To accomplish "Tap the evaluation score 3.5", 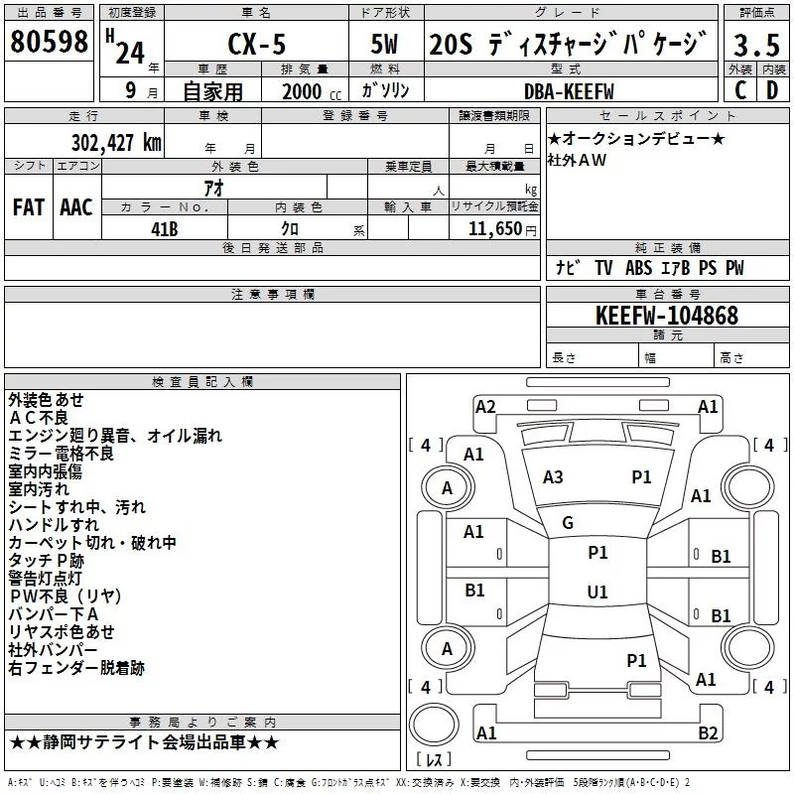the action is click(755, 46).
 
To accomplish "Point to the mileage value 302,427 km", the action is click(116, 142).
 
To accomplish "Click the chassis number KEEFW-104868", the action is click(667, 316).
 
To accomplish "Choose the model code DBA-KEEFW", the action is click(569, 91).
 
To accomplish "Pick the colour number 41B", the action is click(165, 228).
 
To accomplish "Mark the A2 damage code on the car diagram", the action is click(485, 406).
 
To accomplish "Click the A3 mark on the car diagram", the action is click(553, 477).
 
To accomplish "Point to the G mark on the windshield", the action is click(568, 523).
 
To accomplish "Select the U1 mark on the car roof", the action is click(596, 593).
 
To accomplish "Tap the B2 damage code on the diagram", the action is click(708, 733).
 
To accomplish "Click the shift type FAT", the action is click(28, 207).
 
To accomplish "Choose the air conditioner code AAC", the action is click(76, 207).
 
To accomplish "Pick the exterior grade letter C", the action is click(739, 91).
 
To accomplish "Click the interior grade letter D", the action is click(772, 91).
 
